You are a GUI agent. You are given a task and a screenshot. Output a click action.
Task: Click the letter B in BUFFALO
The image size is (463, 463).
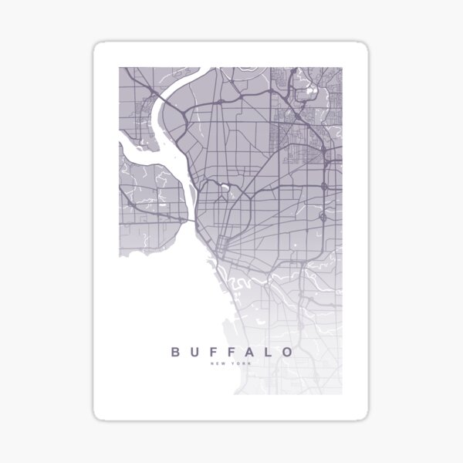pos(175,352)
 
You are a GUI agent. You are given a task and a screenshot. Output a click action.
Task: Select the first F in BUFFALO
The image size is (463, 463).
pos(213,352)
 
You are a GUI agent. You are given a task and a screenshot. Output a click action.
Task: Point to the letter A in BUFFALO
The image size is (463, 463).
pos(250,352)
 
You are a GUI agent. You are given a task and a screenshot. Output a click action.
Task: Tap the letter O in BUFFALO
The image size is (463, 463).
pos(288,352)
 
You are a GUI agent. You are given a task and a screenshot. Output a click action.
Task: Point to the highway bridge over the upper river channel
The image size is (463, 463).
pos(164,98)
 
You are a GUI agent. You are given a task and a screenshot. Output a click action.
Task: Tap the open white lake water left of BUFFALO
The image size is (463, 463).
pos(147,309)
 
